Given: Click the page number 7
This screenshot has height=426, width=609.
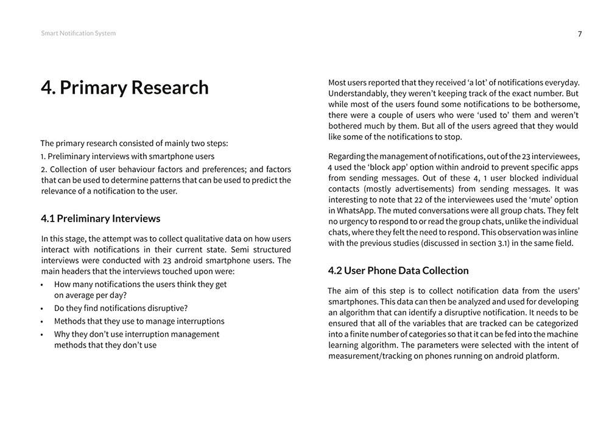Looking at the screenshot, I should (x=580, y=34).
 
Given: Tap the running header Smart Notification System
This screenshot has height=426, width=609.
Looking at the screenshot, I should (x=78, y=33).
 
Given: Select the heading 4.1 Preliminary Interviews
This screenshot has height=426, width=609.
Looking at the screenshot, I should (x=100, y=218).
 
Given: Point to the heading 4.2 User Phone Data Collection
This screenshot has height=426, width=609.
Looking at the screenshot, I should (x=398, y=270).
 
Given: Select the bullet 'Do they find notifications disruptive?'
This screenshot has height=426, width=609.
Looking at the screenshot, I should (x=121, y=308).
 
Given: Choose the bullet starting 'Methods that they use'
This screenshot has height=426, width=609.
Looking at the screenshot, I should (x=139, y=321).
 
